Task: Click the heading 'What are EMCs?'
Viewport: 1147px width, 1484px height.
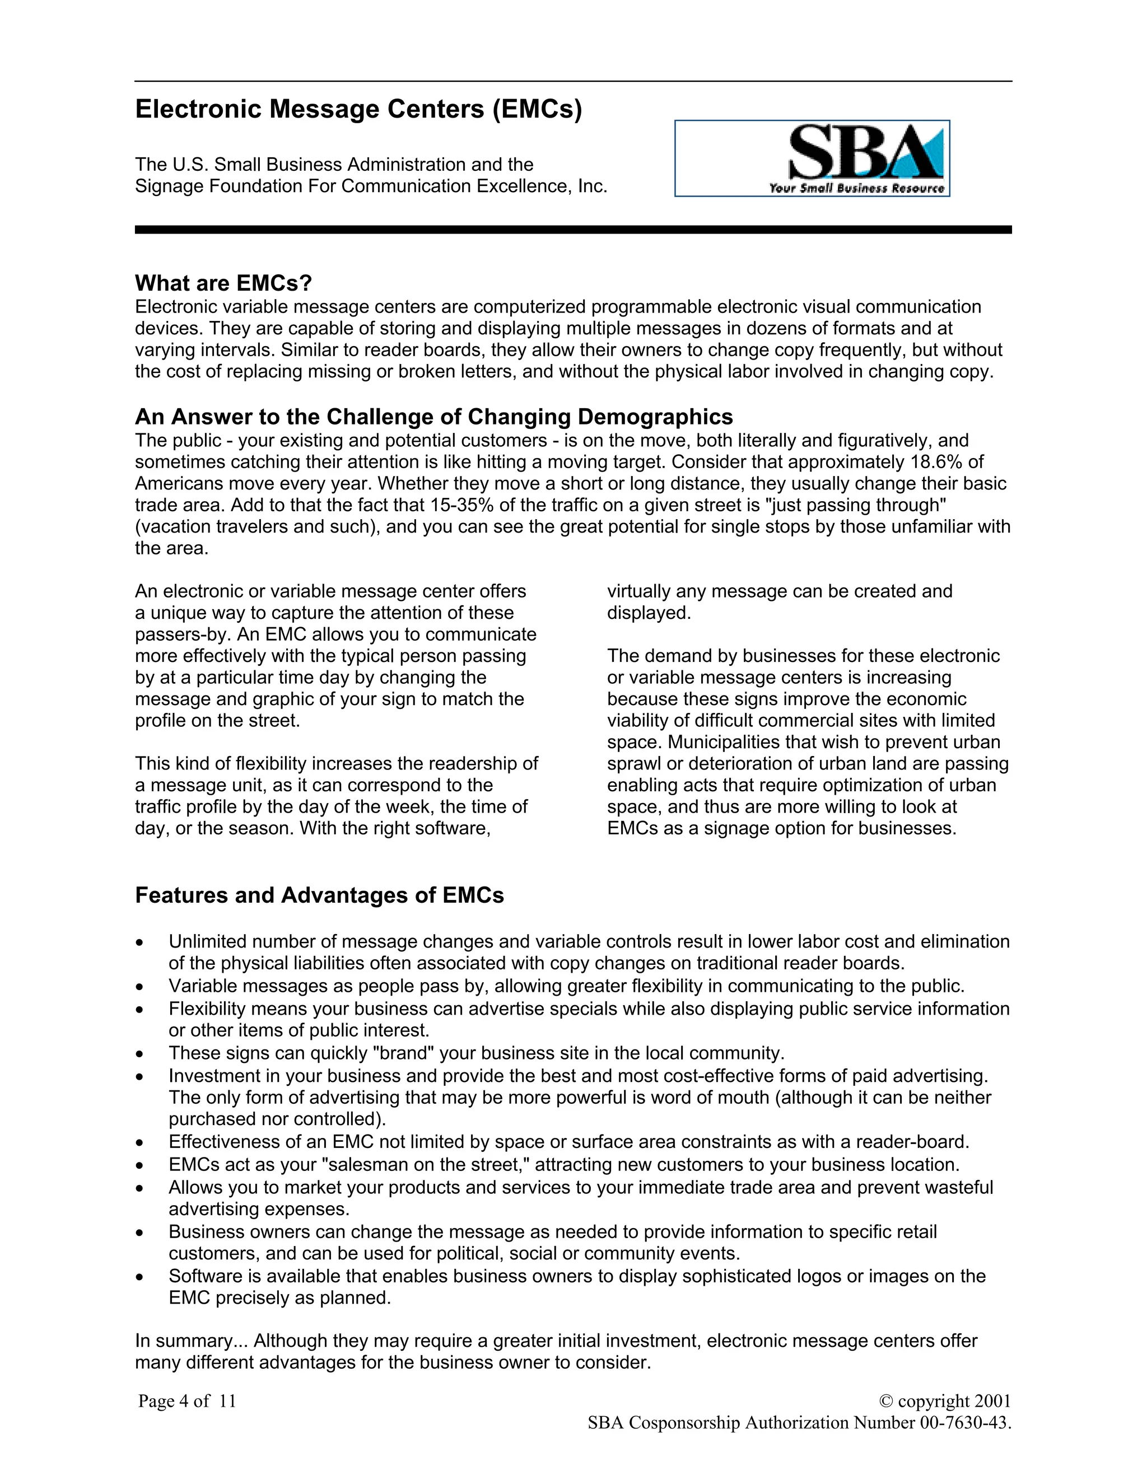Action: tap(223, 283)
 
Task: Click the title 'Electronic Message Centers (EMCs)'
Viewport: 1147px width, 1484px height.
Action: tap(358, 109)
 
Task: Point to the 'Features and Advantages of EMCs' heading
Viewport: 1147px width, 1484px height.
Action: tap(319, 895)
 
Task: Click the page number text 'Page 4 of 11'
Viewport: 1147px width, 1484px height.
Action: tap(187, 1401)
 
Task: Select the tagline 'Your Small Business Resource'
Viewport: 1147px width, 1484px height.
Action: tap(856, 188)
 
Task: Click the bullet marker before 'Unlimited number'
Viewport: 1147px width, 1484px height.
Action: tap(139, 943)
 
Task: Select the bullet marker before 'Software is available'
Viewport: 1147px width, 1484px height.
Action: tap(139, 1277)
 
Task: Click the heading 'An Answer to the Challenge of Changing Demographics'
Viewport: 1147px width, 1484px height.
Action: tap(433, 417)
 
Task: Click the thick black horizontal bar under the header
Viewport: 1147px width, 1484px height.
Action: tap(573, 230)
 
